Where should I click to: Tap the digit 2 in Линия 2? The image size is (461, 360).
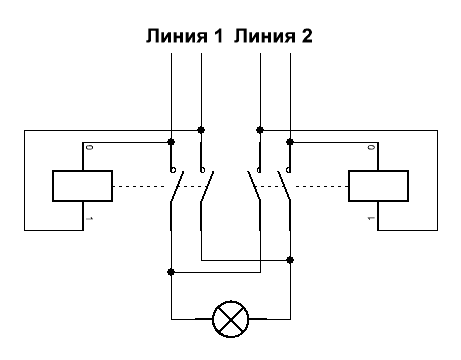[306, 37]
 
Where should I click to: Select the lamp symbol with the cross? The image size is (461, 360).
[231, 320]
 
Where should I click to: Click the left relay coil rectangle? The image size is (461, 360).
[81, 185]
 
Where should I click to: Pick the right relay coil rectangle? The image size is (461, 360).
[379, 185]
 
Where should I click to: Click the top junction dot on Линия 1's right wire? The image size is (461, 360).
[202, 129]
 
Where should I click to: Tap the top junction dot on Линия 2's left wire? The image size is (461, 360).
[260, 129]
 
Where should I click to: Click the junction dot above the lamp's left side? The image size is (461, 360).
[172, 271]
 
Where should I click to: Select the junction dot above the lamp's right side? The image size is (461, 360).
[290, 259]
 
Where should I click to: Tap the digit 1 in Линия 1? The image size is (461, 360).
[215, 37]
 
